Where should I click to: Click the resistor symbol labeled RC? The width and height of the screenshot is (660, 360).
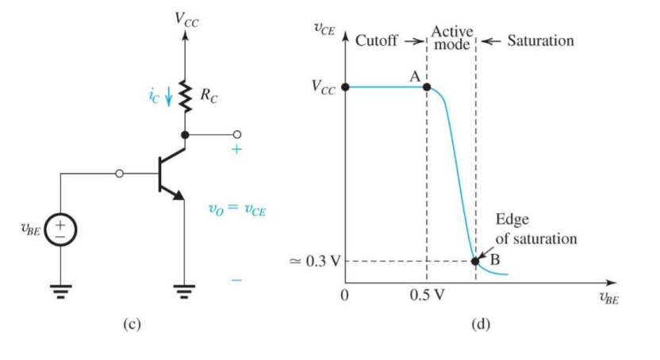(x=185, y=96)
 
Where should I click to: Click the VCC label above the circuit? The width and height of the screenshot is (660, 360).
(x=187, y=19)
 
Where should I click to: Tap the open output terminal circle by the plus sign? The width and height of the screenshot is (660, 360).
(x=236, y=135)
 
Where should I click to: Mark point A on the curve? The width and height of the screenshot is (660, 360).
(x=427, y=86)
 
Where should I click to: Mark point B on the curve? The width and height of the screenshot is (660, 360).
(x=475, y=260)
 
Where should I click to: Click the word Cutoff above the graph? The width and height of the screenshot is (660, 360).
(x=378, y=40)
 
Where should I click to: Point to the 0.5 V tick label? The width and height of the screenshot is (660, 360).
(x=427, y=297)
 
